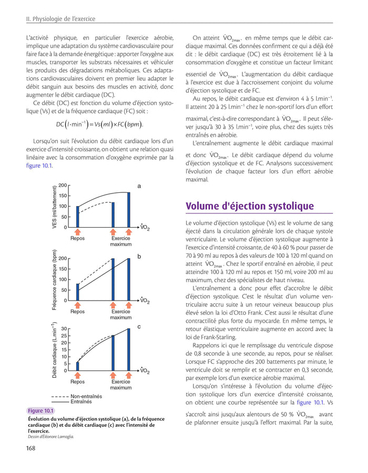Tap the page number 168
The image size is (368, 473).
coord(31,448)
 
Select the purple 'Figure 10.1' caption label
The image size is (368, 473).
coord(40,410)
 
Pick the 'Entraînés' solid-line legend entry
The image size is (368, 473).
coord(80,402)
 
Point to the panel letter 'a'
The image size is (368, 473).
coord(139,186)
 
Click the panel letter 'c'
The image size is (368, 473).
coord(139,327)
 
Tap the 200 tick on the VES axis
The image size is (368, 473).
coord(63,186)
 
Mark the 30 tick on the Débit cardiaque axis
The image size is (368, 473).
coord(64,329)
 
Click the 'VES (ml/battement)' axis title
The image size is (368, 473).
coord(55,207)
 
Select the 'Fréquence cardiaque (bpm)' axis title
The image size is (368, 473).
coord(55,280)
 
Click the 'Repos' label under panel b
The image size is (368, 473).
coord(77,312)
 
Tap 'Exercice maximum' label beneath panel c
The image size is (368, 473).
coord(120,384)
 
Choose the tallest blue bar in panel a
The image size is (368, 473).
coord(129,210)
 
